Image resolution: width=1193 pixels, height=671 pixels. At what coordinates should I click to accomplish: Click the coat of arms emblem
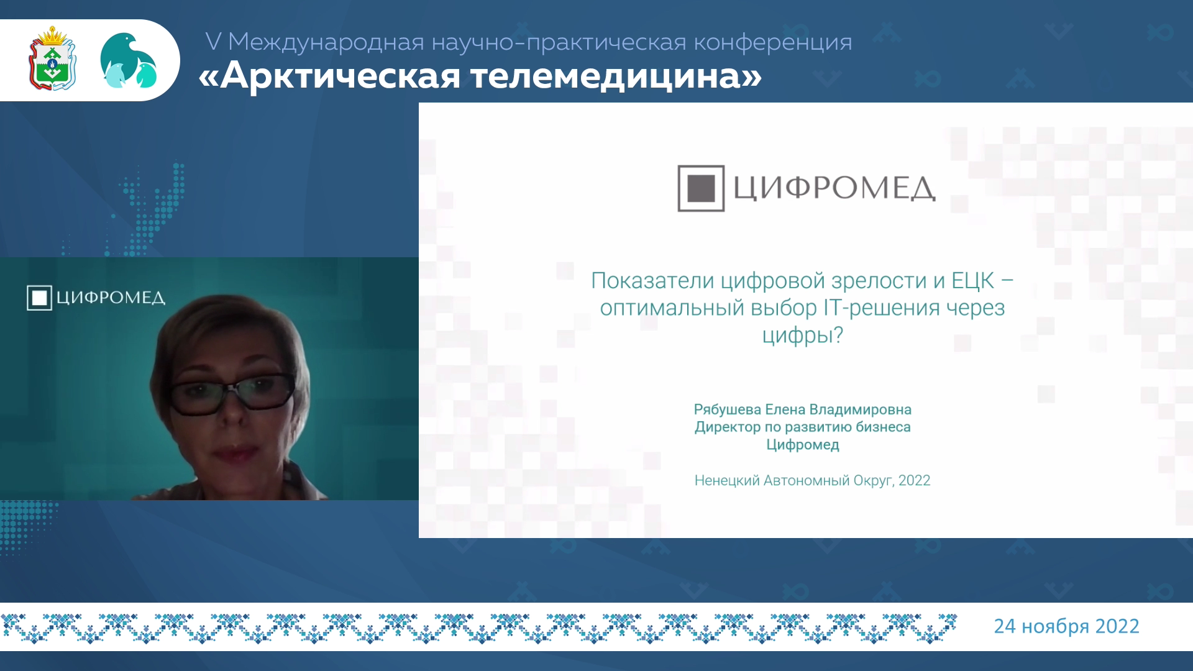click(53, 58)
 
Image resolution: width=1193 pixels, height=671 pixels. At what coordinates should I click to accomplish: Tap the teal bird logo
click(129, 60)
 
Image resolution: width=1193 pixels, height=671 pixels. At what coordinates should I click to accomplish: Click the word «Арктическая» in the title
click(330, 76)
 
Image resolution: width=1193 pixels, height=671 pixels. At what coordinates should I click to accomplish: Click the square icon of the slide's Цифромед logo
click(701, 188)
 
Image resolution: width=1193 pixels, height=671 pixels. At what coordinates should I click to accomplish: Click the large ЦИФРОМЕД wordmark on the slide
click(834, 188)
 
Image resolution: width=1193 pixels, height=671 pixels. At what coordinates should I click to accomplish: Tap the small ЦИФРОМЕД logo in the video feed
click(96, 298)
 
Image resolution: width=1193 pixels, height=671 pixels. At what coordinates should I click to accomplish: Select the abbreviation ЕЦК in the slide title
click(972, 280)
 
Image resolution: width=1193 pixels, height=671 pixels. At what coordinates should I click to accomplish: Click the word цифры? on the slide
click(802, 335)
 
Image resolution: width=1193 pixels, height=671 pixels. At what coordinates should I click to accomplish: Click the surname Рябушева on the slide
click(727, 409)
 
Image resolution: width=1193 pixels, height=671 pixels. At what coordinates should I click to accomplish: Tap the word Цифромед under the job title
click(802, 445)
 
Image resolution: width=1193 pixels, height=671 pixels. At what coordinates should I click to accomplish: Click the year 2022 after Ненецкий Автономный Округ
click(914, 480)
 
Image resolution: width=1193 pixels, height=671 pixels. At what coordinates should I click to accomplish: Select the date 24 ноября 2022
click(1066, 626)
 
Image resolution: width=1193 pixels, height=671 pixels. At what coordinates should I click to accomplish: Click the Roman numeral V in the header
click(213, 42)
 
